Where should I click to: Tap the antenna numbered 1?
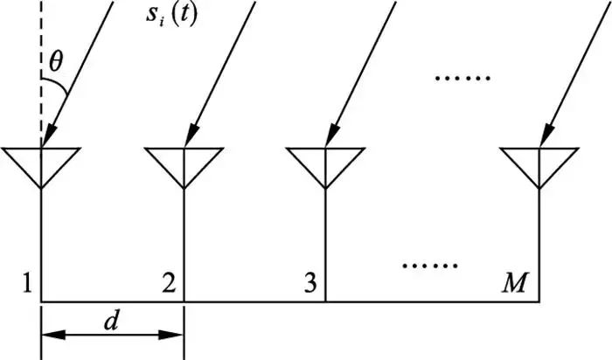click(x=41, y=166)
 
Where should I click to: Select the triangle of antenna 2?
click(x=184, y=166)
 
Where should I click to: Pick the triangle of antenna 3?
click(x=325, y=166)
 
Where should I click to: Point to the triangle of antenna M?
click(x=539, y=166)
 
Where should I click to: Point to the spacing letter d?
click(x=112, y=321)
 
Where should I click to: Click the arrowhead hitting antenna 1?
click(x=47, y=135)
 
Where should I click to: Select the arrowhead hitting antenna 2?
click(x=190, y=135)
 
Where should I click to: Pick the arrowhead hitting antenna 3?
click(x=331, y=135)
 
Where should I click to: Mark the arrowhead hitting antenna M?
click(x=546, y=135)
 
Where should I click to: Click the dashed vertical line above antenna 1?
click(x=41, y=52)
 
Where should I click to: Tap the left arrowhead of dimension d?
click(x=52, y=335)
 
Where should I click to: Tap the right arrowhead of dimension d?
click(x=173, y=335)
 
